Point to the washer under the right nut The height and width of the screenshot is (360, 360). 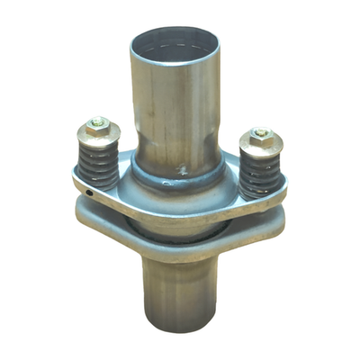coord(260,146)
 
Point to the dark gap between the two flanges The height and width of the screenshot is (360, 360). coord(180,227)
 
